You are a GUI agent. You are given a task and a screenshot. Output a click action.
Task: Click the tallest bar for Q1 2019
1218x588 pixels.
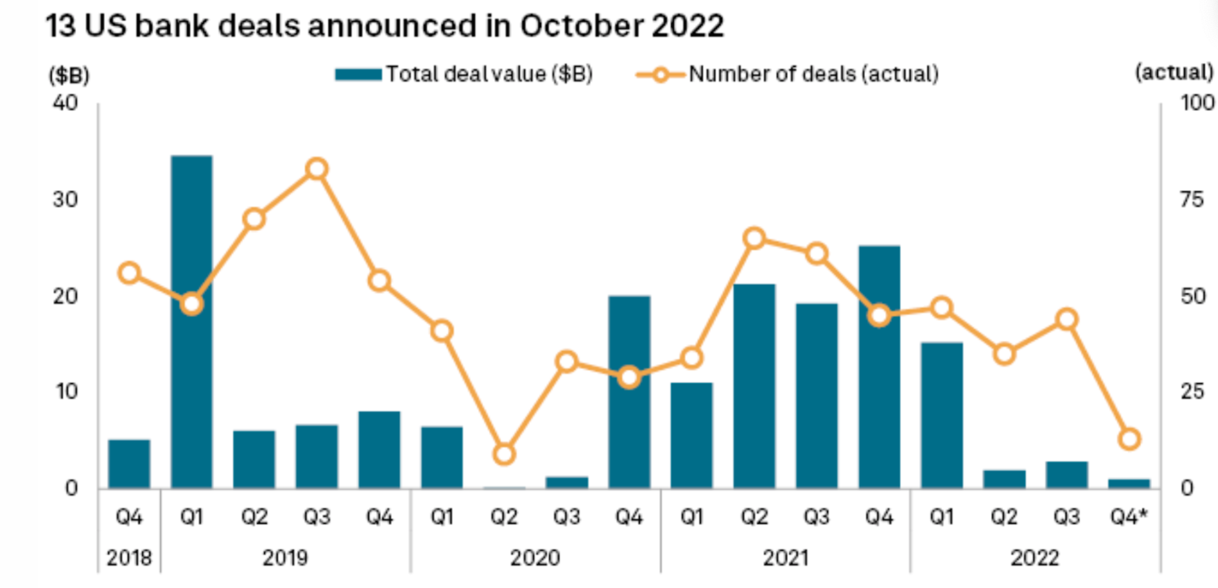coord(191,321)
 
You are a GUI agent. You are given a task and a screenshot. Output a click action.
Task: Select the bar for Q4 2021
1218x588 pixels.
coord(879,367)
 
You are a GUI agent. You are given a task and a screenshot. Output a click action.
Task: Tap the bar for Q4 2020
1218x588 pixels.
coord(629,392)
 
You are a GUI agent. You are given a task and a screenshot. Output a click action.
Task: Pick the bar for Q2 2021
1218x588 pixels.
coord(754,386)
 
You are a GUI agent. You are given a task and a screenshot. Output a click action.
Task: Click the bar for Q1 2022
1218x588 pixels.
coord(942,415)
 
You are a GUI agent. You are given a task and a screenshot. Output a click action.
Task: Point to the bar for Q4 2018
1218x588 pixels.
coord(129,464)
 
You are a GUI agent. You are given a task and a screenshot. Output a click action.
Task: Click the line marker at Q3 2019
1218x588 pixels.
coord(317,169)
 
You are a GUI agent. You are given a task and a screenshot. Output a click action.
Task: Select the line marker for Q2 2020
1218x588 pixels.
coord(504,453)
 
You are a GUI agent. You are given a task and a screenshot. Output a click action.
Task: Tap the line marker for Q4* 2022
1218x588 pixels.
coord(1129,439)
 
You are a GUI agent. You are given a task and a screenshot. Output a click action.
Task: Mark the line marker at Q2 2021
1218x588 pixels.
coord(754,239)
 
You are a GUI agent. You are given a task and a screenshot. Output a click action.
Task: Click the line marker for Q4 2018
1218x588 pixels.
coord(130,272)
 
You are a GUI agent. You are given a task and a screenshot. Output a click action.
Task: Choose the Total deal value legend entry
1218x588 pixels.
coord(463,74)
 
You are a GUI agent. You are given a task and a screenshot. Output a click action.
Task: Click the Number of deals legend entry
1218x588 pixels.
coord(787,74)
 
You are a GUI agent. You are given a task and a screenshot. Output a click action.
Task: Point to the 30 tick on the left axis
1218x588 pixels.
coord(65,200)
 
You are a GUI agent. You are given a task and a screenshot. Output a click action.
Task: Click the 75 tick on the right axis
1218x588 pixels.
coord(1192,200)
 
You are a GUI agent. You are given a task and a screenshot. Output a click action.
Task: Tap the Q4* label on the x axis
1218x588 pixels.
coord(1129,516)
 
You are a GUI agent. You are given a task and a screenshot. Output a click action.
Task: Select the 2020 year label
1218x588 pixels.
coord(535,558)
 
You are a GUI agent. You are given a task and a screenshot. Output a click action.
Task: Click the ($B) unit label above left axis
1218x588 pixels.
coord(69,75)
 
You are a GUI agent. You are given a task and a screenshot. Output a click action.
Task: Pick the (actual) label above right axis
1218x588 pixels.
coord(1174,73)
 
